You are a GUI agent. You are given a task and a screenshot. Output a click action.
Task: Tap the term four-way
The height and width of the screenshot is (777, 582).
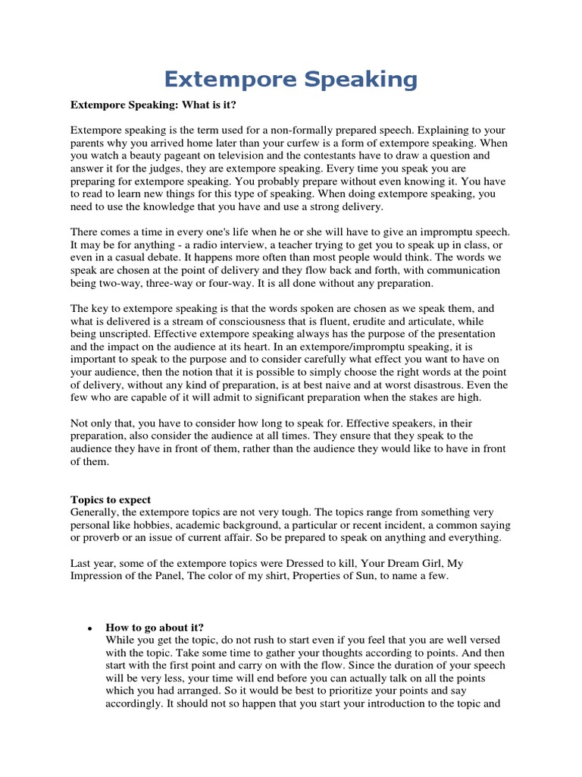point(227,283)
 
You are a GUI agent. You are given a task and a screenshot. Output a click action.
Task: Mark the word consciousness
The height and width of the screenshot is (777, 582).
point(232,322)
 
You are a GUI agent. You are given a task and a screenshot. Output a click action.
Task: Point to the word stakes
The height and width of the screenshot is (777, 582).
point(424,398)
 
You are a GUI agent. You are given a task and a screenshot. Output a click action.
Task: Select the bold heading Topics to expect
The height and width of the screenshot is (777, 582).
point(111,500)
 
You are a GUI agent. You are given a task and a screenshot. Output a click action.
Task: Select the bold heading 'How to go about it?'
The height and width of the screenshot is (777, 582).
point(155,628)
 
